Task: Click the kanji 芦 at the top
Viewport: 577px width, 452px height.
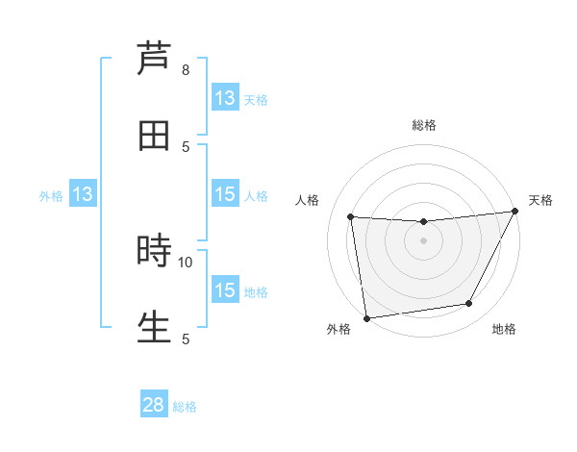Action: point(154,58)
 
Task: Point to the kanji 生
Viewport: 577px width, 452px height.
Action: point(154,327)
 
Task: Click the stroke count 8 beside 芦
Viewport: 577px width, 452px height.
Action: point(186,69)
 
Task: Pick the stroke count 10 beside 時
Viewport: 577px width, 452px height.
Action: point(186,262)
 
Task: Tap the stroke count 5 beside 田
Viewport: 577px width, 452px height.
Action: point(186,146)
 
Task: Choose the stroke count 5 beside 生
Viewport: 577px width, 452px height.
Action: point(186,339)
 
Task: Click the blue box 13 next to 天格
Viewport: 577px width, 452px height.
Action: point(225,98)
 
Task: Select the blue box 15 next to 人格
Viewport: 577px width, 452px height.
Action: point(225,194)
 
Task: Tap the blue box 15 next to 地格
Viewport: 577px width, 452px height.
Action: point(225,290)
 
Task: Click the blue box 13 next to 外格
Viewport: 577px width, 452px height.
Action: point(83,194)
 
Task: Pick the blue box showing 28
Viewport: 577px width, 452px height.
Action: point(154,405)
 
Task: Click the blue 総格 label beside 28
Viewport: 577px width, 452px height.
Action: point(185,407)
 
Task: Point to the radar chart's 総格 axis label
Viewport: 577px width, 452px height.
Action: point(423,125)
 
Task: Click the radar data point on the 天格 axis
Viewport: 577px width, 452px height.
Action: point(514,212)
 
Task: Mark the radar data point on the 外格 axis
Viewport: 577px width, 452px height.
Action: point(366,317)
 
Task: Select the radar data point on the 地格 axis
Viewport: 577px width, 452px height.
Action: point(469,304)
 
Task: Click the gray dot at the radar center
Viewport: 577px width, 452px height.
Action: point(423,240)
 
